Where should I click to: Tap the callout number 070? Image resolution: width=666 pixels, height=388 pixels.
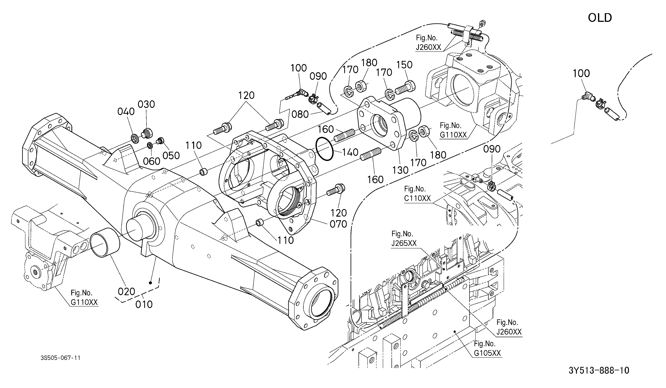click(338, 224)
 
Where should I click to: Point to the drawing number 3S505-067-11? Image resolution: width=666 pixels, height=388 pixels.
click(61, 358)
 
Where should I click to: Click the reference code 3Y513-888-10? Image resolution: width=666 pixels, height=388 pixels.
click(599, 370)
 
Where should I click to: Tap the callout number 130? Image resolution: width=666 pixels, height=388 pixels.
click(400, 170)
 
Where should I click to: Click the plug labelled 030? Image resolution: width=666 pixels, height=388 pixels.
click(147, 133)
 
